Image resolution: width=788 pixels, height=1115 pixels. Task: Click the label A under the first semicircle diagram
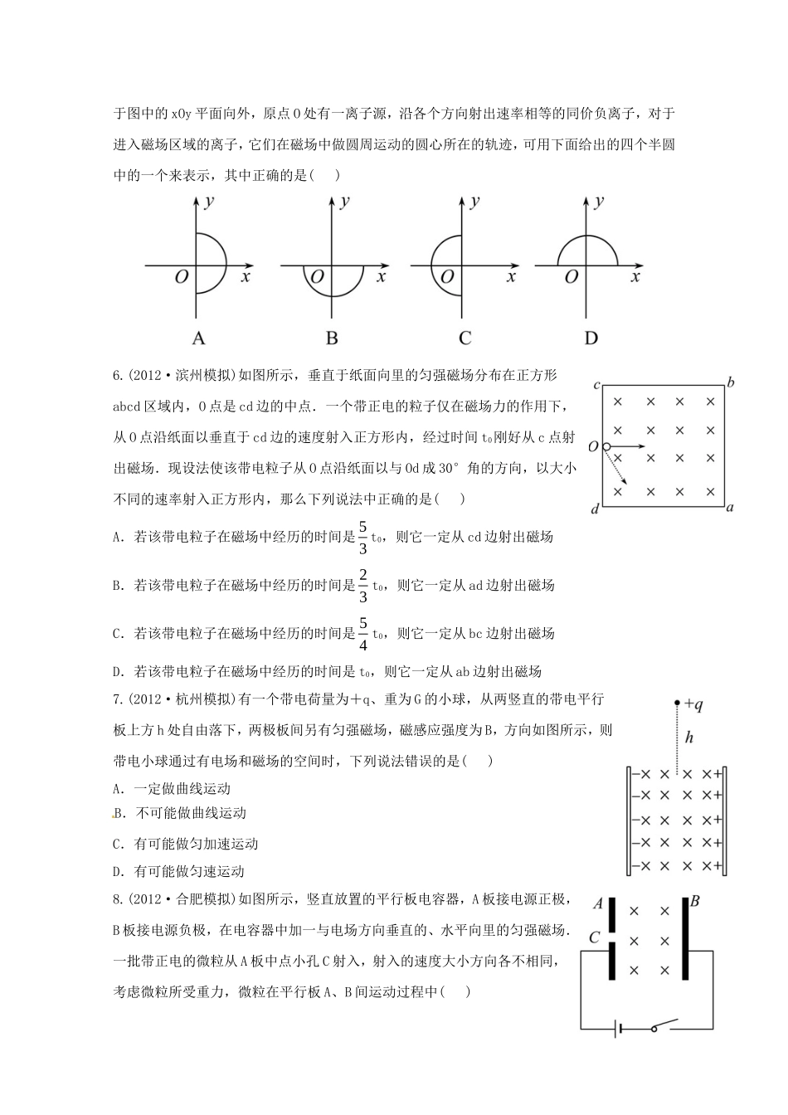click(x=198, y=338)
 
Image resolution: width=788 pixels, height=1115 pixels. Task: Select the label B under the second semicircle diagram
click(x=332, y=338)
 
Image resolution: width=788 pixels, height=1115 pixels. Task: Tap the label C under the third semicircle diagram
click(x=465, y=338)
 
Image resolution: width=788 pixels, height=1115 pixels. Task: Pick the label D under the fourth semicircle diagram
click(x=591, y=338)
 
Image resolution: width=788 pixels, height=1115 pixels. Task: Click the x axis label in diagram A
click(x=246, y=277)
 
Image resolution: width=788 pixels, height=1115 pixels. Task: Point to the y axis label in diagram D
click(x=600, y=201)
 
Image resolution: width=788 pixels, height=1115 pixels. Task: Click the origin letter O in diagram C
click(x=447, y=277)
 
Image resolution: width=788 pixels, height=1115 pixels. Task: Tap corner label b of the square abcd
click(x=731, y=382)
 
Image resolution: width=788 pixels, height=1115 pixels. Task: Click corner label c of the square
click(x=596, y=386)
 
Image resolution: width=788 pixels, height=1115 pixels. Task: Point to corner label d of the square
click(x=595, y=509)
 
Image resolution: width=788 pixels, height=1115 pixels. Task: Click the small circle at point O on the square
click(x=606, y=446)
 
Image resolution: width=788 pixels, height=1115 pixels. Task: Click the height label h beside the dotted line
click(x=688, y=737)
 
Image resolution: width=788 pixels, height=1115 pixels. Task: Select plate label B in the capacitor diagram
click(x=695, y=901)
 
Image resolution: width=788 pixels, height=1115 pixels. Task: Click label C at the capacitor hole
click(x=594, y=937)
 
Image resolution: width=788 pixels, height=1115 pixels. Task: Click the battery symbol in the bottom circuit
click(x=619, y=1030)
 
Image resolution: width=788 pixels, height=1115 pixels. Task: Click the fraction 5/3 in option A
click(x=362, y=537)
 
